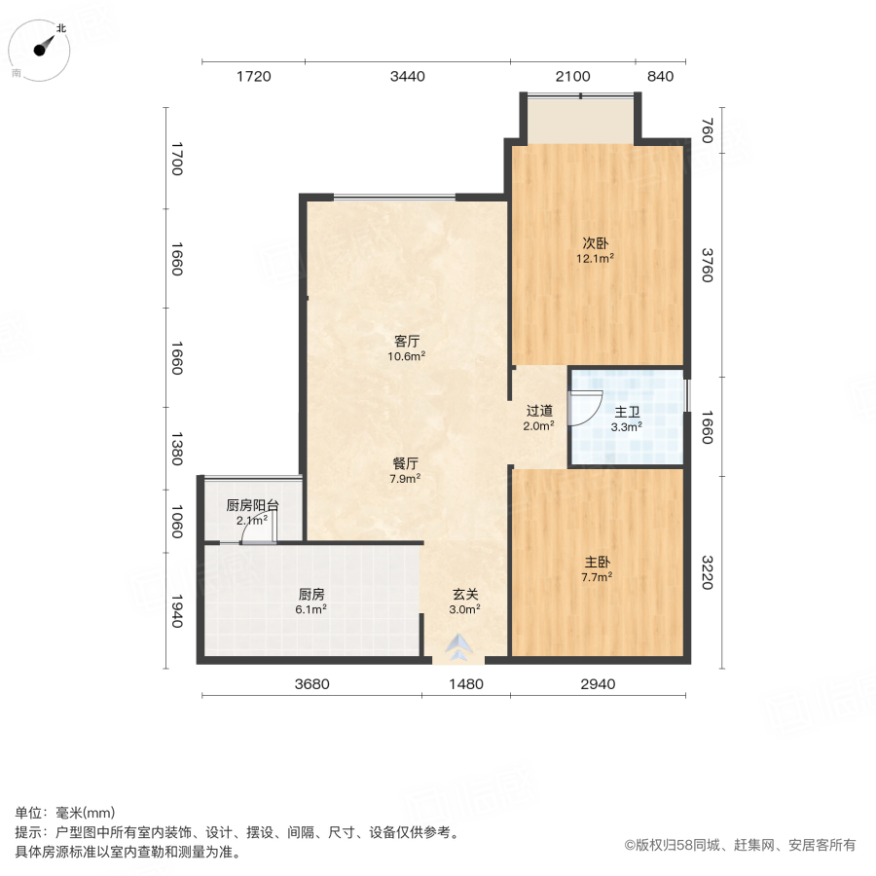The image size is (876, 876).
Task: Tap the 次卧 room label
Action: [x=596, y=242]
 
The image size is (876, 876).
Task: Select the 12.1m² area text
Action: [x=596, y=259]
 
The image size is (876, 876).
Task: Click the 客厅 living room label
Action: [x=407, y=341]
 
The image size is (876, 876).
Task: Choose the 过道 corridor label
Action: [x=539, y=410]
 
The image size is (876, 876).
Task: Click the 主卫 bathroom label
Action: [x=626, y=411]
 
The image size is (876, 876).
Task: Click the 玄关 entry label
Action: [x=464, y=594]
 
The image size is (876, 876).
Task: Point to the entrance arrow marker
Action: [x=458, y=646]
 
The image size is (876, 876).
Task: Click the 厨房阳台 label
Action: [x=252, y=505]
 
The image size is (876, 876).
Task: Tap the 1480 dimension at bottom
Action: [x=465, y=684]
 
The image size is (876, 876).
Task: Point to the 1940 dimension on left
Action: [x=177, y=611]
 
